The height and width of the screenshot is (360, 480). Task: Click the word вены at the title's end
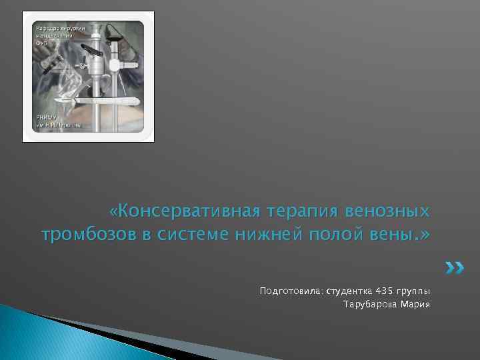[393, 235]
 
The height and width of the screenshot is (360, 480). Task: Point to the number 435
[385, 291]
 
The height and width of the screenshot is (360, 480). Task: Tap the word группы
[414, 291]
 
